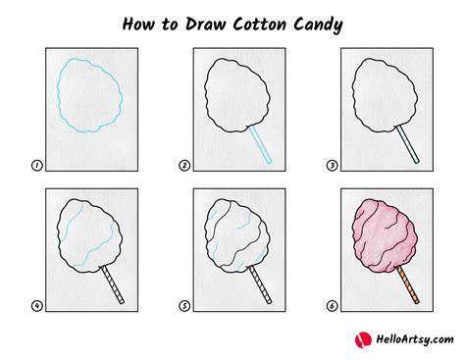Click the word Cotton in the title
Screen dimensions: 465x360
pos(260,25)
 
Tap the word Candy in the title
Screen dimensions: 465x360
pos(318,26)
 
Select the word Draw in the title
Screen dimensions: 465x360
pos(205,24)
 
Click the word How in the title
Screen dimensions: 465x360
pos(138,25)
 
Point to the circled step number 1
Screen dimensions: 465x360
pos(37,166)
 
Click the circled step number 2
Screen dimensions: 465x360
pos(184,166)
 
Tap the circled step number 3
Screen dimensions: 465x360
pos(333,166)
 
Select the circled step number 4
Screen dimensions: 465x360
pos(37,306)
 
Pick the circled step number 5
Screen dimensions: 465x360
pos(184,306)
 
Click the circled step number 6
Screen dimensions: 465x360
pos(333,306)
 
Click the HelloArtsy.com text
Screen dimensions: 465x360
pos(415,339)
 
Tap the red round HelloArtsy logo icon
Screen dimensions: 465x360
pos(363,339)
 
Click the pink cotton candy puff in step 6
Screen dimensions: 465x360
pos(385,236)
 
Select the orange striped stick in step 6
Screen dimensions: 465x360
pos(408,284)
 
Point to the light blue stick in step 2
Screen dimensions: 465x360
pos(260,144)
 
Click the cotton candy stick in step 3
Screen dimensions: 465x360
pos(407,144)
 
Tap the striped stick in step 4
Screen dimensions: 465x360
pos(113,284)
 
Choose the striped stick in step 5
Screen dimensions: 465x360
pos(260,284)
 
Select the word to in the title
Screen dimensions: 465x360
pos(170,25)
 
